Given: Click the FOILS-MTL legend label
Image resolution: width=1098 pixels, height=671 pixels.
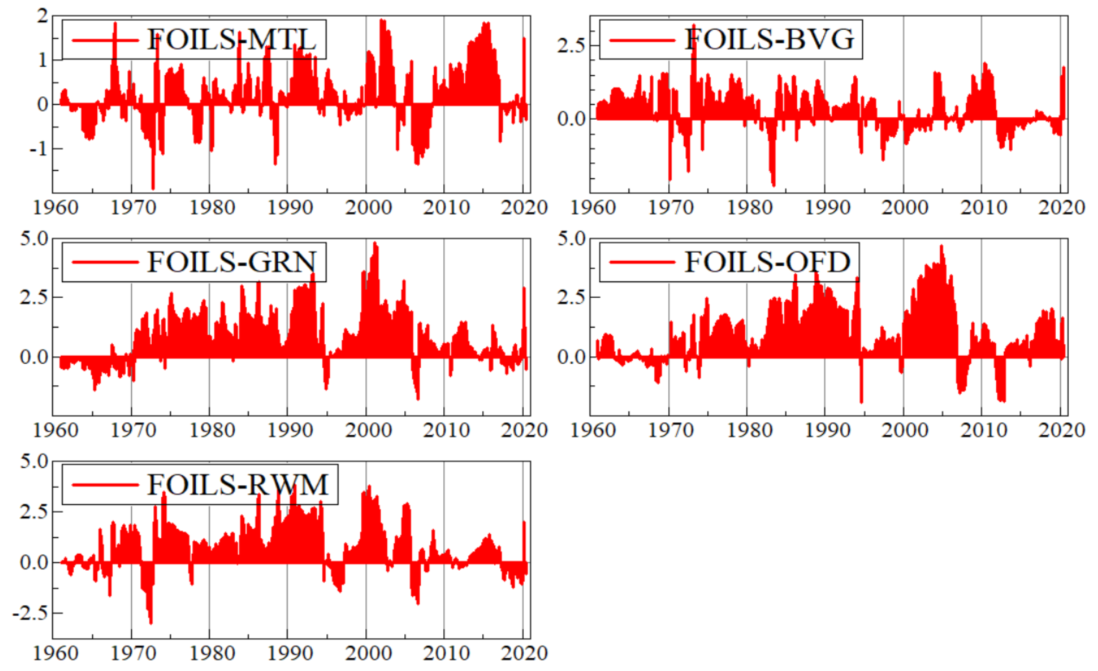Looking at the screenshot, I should tap(232, 40).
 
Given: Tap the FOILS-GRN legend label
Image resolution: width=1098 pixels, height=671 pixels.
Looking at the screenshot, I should tap(232, 262).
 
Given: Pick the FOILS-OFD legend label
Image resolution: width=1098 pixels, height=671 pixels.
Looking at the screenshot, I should tap(767, 262).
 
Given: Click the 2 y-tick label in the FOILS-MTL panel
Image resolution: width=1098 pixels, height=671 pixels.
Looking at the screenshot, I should tap(42, 16).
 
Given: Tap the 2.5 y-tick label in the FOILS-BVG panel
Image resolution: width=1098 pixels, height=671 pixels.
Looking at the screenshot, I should tap(571, 46).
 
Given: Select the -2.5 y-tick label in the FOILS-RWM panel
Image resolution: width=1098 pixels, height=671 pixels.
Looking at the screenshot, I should tap(30, 614).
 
